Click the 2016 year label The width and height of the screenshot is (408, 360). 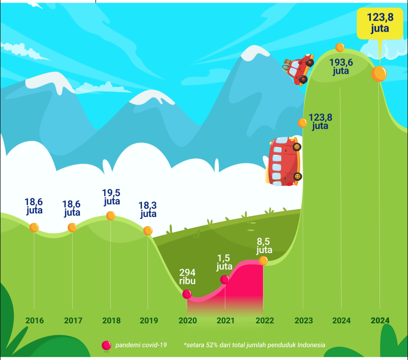click(34, 321)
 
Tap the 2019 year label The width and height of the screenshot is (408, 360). click(148, 321)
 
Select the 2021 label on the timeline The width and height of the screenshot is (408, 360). click(225, 321)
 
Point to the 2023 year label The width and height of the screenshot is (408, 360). click(303, 321)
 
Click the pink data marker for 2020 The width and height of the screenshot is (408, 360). click(187, 294)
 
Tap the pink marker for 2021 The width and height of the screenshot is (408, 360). click(225, 280)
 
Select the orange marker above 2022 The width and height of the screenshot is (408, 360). click(263, 260)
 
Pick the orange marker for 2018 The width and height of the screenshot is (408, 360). click(110, 216)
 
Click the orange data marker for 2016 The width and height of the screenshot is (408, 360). click(34, 227)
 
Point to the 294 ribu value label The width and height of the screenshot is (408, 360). click(187, 276)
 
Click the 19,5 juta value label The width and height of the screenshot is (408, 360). click(111, 197)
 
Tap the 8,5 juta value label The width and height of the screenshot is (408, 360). click(264, 246)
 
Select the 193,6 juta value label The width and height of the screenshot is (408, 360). click(341, 67)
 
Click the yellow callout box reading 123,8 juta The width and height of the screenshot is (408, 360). click(380, 23)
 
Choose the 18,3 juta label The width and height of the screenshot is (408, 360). click(148, 209)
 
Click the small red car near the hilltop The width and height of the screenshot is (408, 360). click(299, 69)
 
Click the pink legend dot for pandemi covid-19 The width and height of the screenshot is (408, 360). click(106, 345)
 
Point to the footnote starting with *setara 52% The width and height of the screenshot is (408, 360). click(254, 345)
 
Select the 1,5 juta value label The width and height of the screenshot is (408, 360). click(224, 262)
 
